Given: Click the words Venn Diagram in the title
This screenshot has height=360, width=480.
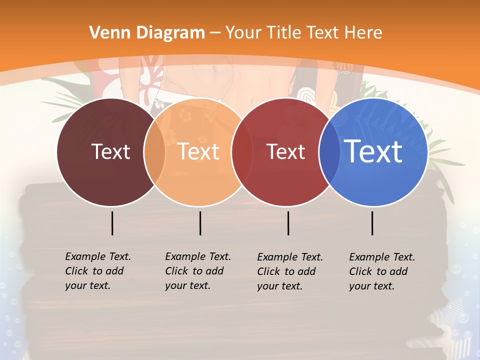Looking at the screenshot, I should click(x=147, y=33).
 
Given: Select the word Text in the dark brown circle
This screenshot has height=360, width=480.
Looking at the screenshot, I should click(x=110, y=151).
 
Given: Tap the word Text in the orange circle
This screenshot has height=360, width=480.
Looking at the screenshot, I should click(x=198, y=151).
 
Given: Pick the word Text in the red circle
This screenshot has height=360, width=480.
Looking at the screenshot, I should click(x=285, y=151).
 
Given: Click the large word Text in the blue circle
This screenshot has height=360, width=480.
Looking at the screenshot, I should click(x=373, y=151).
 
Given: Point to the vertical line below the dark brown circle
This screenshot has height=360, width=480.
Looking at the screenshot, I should click(x=112, y=223).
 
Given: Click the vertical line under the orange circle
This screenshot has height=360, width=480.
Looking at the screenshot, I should click(x=200, y=223).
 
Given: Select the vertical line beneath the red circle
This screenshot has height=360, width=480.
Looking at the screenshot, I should click(x=288, y=223).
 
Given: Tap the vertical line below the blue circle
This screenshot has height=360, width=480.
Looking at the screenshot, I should click(x=372, y=223).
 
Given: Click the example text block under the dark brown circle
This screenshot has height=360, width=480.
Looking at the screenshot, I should click(x=98, y=271).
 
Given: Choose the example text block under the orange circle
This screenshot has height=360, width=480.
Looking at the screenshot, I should click(x=198, y=271).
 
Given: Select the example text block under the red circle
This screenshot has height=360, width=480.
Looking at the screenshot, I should click(x=290, y=271).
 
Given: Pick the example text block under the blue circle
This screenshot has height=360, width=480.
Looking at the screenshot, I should click(x=382, y=271).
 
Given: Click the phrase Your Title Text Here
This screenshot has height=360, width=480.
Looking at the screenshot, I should click(x=303, y=33).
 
